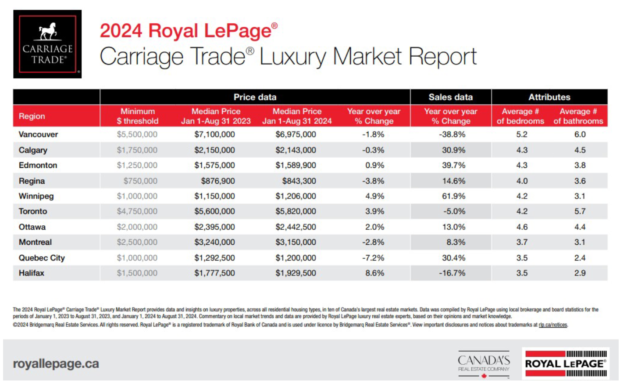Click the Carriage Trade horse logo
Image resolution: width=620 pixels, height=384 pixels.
(x=47, y=44)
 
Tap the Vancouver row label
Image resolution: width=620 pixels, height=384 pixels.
(x=38, y=134)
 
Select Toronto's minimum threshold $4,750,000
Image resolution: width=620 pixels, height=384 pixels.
(x=137, y=211)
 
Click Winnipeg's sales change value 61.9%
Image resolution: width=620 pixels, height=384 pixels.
(x=453, y=196)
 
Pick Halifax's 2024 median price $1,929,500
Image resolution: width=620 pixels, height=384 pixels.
(x=296, y=273)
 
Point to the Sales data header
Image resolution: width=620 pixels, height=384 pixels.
(x=450, y=97)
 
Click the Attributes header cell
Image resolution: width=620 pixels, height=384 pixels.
(x=549, y=97)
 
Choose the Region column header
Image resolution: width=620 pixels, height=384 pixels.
(x=32, y=116)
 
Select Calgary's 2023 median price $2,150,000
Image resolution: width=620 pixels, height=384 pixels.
(x=214, y=150)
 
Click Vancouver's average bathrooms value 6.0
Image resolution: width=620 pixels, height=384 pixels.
(x=580, y=134)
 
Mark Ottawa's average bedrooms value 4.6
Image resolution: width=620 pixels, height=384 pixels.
(x=522, y=227)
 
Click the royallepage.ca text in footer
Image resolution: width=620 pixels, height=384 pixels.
(x=56, y=364)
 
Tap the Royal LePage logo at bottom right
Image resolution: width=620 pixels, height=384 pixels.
(x=566, y=363)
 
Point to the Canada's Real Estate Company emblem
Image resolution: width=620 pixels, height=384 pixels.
(x=484, y=364)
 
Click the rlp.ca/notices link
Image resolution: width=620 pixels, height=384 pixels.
(x=553, y=325)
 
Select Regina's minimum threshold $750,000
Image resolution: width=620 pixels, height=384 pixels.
(x=140, y=181)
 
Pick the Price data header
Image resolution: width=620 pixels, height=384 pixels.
(x=255, y=97)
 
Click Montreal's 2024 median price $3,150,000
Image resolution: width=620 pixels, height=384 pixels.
(x=296, y=242)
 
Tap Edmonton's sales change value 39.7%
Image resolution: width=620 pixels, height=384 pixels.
(x=453, y=165)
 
